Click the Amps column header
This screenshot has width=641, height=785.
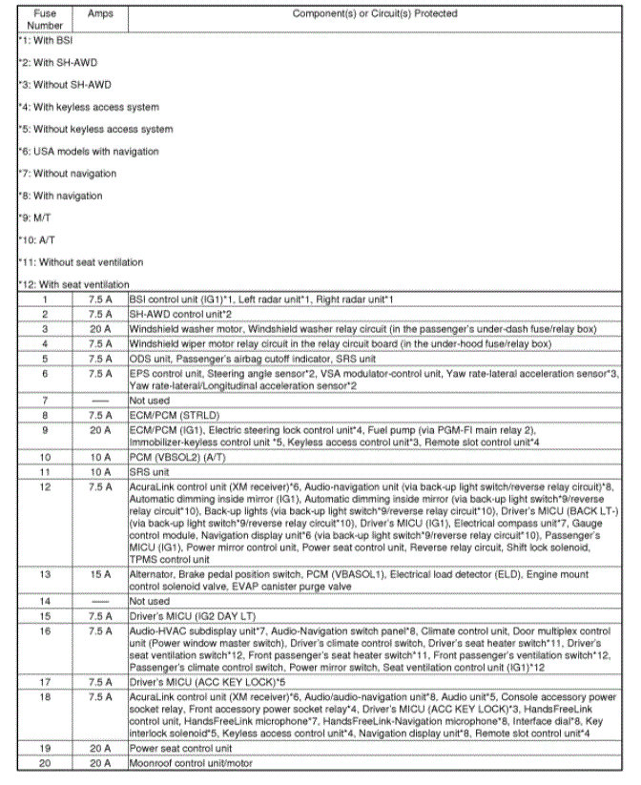pos(99,14)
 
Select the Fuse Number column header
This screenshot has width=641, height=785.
pos(44,20)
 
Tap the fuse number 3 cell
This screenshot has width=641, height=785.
pos(44,327)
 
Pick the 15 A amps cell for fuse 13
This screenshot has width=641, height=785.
pos(99,575)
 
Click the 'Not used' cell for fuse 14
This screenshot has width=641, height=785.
pos(152,602)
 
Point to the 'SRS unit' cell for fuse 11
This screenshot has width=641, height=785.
pos(150,471)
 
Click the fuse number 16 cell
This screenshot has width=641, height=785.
pos(44,630)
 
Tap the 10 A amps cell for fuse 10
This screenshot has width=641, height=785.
pos(99,458)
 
